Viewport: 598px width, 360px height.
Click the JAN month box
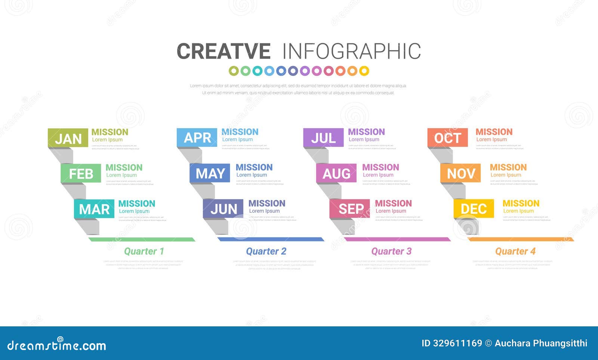tap(68, 138)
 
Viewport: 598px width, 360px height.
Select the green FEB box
tap(81, 173)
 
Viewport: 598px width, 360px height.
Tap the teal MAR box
tap(94, 209)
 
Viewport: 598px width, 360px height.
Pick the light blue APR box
tap(197, 138)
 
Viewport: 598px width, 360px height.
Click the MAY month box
tap(210, 173)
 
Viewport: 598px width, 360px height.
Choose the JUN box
tap(223, 209)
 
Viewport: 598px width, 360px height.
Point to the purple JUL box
tap(323, 138)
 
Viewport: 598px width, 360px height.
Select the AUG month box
tap(336, 173)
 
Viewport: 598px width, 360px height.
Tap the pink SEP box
tap(350, 209)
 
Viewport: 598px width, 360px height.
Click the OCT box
tap(447, 138)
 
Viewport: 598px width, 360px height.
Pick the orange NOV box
tap(460, 173)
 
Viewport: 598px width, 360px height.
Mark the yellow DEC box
tap(474, 209)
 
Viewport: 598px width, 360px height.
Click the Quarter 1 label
tap(144, 251)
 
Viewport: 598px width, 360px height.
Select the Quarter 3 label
tap(391, 251)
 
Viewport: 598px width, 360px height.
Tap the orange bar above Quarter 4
tap(521, 239)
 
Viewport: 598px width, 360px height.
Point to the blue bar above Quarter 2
tap(271, 239)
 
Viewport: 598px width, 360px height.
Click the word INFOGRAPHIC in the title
tap(351, 51)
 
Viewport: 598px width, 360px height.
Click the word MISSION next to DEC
tap(521, 203)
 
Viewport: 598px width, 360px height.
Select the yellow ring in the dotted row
tap(364, 71)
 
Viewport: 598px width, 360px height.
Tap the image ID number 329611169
tap(457, 343)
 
